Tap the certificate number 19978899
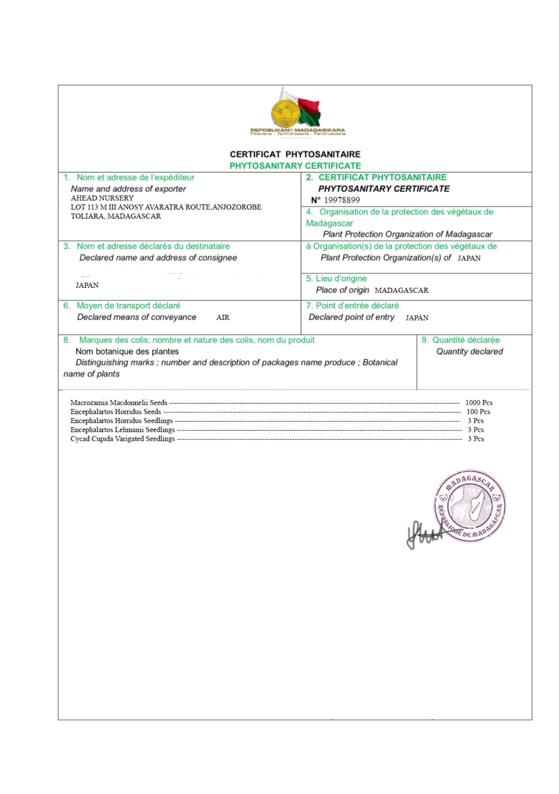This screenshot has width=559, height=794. tap(342, 200)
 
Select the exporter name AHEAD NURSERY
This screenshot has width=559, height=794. tap(102, 198)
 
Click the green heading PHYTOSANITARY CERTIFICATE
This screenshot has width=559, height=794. tap(295, 166)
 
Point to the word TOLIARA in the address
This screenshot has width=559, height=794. tap(87, 216)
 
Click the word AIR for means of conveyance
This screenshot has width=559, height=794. tap(223, 318)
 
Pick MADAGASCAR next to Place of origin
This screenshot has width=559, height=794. tap(401, 290)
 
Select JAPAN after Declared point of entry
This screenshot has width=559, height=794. tap(417, 318)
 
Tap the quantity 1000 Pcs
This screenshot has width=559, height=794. tap(479, 403)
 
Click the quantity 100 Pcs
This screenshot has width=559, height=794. tap(478, 412)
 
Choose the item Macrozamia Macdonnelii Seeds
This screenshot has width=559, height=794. tap(119, 403)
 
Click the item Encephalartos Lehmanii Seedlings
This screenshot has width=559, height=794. tap(122, 430)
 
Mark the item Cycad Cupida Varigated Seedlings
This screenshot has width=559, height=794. tap(122, 439)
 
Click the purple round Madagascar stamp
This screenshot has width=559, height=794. tap(470, 506)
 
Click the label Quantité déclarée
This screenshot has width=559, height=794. tap(466, 340)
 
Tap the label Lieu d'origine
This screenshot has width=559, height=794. tap(341, 279)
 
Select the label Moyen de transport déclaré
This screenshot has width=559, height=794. tap(128, 306)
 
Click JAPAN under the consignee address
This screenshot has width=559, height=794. tap(87, 286)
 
